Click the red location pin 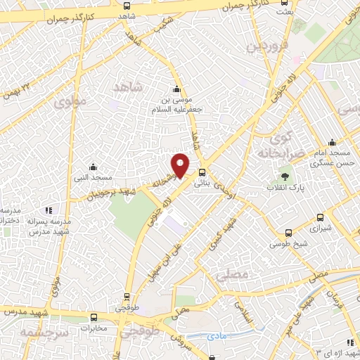pyautogui.click(x=181, y=164)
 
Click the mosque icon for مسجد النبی pyautogui.click(x=93, y=167)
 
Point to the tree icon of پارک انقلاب pyautogui.click(x=285, y=176)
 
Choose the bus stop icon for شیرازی pyautogui.click(x=321, y=217)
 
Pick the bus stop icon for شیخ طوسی pyautogui.click(x=288, y=233)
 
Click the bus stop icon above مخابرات pyautogui.click(x=93, y=317)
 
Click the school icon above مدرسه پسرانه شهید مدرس pyautogui.click(x=49, y=210)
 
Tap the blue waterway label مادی pyautogui.click(x=219, y=337)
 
